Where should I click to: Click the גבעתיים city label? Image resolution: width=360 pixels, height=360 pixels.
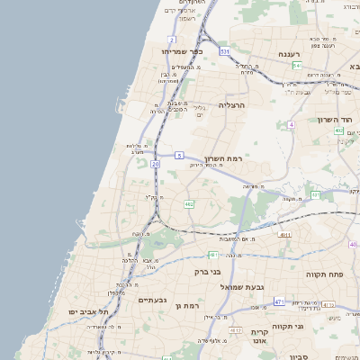coord(155,300)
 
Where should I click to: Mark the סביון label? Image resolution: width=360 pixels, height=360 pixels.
coord(298,356)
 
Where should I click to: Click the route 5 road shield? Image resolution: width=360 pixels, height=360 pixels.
coord(180,155)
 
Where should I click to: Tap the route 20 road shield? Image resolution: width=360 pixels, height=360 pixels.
coord(156,165)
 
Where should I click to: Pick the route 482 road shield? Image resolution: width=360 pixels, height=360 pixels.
coord(189,205)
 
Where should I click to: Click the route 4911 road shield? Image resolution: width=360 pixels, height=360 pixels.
coord(283,235)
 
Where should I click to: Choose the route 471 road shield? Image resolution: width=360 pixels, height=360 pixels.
coord(279,301)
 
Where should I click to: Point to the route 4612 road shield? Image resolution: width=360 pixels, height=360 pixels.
coord(236,330)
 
